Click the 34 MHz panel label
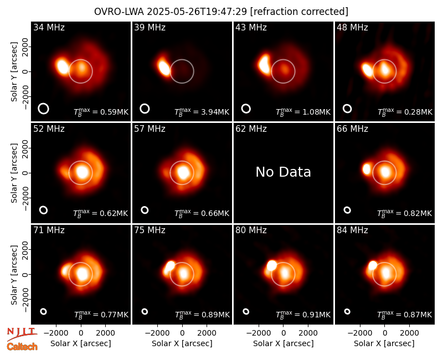pyautogui.click(x=49, y=27)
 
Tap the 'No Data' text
pyautogui.click(x=283, y=172)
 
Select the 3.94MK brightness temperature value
pyautogui.click(x=215, y=112)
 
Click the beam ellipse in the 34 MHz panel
pyautogui.click(x=44, y=109)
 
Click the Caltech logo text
pyautogui.click(x=22, y=347)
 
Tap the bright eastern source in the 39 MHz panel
pyautogui.click(x=163, y=67)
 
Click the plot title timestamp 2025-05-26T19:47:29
pyautogui.click(x=197, y=12)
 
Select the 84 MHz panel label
pyautogui.click(x=352, y=230)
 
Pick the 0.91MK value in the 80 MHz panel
pyautogui.click(x=316, y=315)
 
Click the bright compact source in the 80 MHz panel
pyautogui.click(x=272, y=265)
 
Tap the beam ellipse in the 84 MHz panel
pyautogui.click(x=347, y=311)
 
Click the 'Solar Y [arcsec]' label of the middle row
pyautogui.click(x=14, y=173)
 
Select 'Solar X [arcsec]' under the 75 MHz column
pyautogui.click(x=182, y=343)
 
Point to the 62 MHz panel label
pyautogui.click(x=251, y=129)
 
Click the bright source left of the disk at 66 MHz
pyautogui.click(x=367, y=169)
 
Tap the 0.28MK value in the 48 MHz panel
pyautogui.click(x=418, y=112)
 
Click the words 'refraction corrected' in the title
pyautogui.click(x=300, y=12)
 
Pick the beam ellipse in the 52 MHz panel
pyautogui.click(x=44, y=210)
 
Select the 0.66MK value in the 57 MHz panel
pyautogui.click(x=215, y=213)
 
